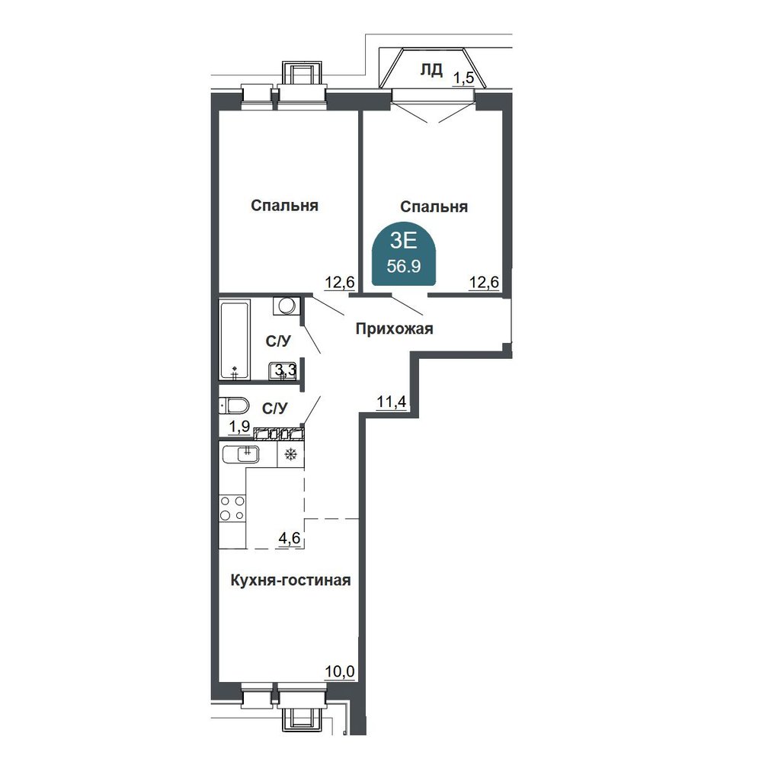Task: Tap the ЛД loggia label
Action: pos(431,70)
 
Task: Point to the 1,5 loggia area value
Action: pos(463,78)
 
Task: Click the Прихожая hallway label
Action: pos(394,329)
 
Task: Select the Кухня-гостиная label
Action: pos(290,580)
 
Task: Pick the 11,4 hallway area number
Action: pos(391,402)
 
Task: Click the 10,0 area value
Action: pos(340,671)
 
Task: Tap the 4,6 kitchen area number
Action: pos(289,539)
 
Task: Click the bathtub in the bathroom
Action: pos(235,340)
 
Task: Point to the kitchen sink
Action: pos(241,454)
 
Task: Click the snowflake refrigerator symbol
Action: pos(290,455)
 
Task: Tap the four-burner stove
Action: pos(232,507)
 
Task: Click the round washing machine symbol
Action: pos(287,306)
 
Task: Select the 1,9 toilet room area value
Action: pos(239,427)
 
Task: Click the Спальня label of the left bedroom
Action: pos(284,206)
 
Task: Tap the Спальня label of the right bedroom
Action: pos(434,207)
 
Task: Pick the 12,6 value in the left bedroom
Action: pos(340,282)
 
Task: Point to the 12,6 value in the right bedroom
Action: pos(484,282)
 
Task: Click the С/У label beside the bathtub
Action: pos(278,341)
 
